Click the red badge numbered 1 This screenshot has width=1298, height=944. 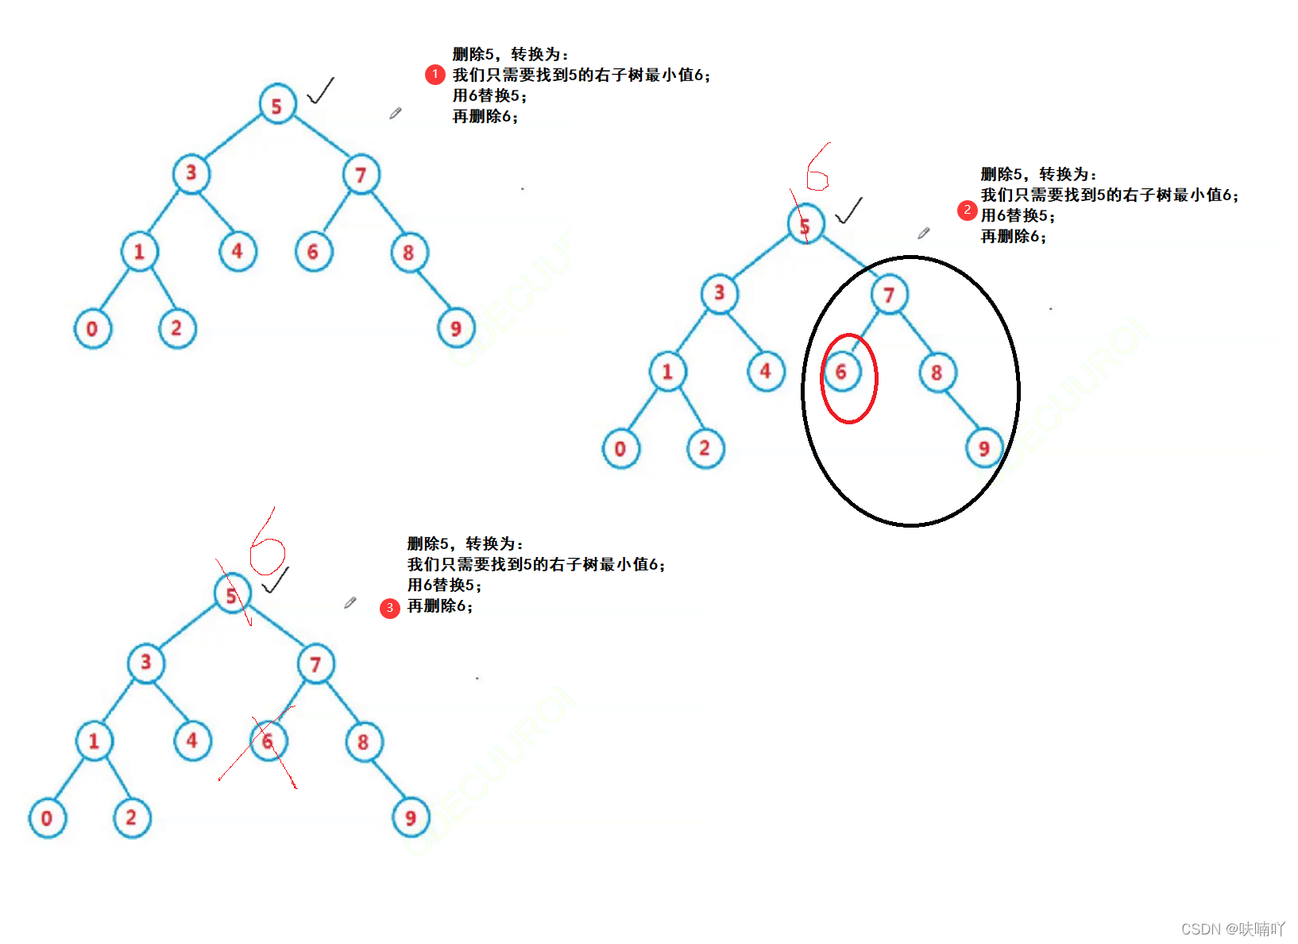click(x=435, y=75)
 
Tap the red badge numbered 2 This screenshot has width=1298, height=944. click(x=967, y=210)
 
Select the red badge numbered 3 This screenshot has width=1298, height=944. click(x=389, y=608)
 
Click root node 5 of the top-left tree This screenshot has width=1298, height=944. click(x=277, y=105)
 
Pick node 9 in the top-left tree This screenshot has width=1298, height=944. click(x=456, y=328)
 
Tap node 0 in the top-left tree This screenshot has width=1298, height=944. click(x=92, y=328)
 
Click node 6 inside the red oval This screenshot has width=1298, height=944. click(x=842, y=372)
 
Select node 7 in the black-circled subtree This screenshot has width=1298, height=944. click(x=889, y=295)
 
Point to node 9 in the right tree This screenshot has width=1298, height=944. click(x=984, y=449)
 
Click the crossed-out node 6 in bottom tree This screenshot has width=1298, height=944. click(x=268, y=741)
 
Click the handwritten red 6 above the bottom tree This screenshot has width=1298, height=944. click(x=266, y=548)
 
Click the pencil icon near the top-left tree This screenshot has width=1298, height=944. click(x=395, y=114)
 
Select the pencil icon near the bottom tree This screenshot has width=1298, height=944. click(x=350, y=603)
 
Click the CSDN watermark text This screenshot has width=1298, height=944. click(x=1232, y=928)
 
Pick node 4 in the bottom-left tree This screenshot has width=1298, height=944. click(x=192, y=741)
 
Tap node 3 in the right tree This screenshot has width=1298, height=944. click(x=720, y=293)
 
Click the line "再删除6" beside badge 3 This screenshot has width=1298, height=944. click(x=439, y=606)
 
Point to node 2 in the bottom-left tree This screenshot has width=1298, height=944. click(x=131, y=818)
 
